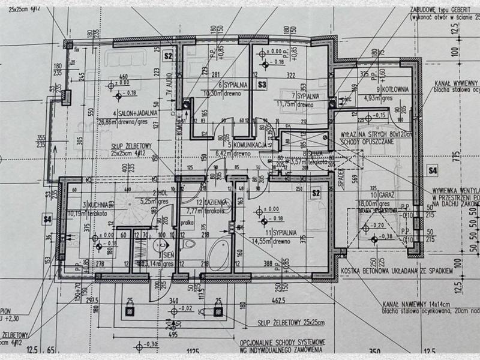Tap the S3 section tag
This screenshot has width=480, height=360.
click(262, 85)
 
